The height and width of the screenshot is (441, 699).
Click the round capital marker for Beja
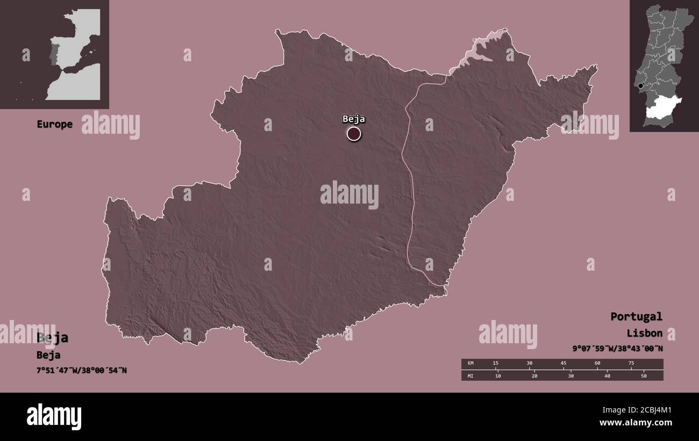(x=354, y=133)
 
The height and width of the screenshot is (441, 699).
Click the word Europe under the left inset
(x=54, y=124)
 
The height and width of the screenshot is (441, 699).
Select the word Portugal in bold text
(x=636, y=316)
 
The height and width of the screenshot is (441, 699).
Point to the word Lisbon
(x=644, y=333)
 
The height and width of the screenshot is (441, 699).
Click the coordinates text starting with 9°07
(x=617, y=348)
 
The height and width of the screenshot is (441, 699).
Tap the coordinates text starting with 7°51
(x=82, y=370)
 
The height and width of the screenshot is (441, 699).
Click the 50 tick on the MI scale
(x=643, y=375)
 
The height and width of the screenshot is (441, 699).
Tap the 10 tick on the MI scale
(x=498, y=375)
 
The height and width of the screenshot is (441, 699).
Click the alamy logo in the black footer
(x=54, y=417)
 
